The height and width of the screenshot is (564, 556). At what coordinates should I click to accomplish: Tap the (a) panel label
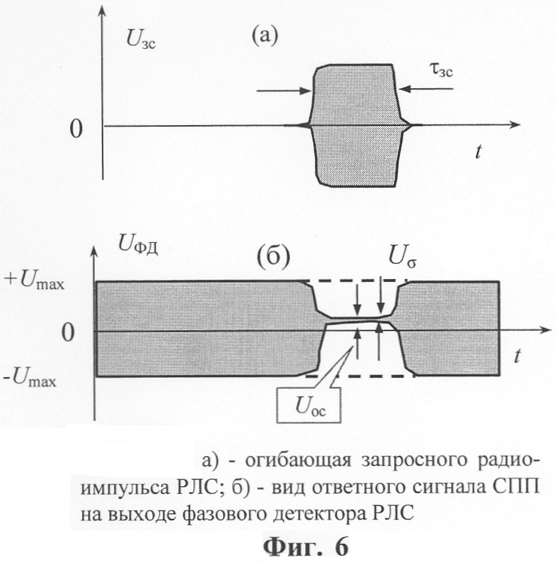(265, 36)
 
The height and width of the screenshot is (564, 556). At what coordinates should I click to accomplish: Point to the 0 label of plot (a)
(76, 129)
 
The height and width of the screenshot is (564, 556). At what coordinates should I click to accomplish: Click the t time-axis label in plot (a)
(478, 152)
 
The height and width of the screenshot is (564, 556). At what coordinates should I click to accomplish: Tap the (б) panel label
(273, 257)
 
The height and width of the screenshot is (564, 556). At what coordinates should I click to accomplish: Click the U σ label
(402, 258)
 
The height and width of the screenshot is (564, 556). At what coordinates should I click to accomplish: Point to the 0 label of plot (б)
(68, 333)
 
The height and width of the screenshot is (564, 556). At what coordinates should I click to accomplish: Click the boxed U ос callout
(309, 405)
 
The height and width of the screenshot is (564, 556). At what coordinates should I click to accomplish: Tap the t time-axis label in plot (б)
(517, 356)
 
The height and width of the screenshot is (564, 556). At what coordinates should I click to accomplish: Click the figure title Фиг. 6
(306, 547)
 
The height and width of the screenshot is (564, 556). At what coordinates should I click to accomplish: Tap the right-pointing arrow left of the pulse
(284, 90)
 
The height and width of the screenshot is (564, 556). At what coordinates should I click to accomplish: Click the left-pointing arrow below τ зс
(426, 89)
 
